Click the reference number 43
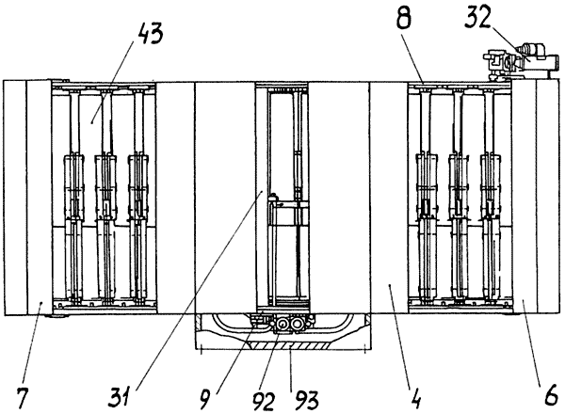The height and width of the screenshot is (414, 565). click(x=150, y=34)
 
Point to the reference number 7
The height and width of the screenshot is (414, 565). click(x=23, y=397)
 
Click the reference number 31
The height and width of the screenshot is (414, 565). click(x=121, y=396)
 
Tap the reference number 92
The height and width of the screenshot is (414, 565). click(x=264, y=401)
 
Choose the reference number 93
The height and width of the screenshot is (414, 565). click(x=307, y=401)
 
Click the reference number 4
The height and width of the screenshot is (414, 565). click(x=416, y=398)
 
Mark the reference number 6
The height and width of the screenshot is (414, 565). click(x=551, y=396)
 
